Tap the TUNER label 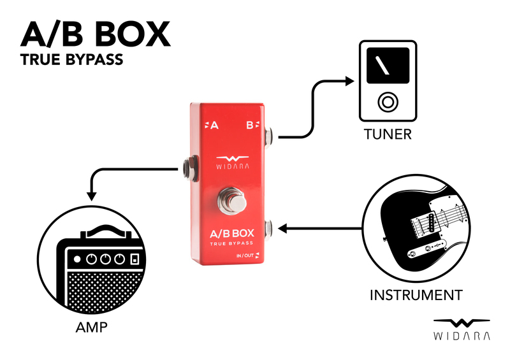pyautogui.click(x=388, y=134)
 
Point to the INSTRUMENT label pyautogui.click(x=416, y=295)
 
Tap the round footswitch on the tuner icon pyautogui.click(x=387, y=102)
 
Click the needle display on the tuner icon pyautogui.click(x=387, y=65)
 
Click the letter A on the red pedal pyautogui.click(x=214, y=126)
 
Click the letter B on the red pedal pyautogui.click(x=250, y=126)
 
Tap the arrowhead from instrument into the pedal pyautogui.click(x=284, y=227)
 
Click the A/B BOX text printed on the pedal pyautogui.click(x=231, y=233)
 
